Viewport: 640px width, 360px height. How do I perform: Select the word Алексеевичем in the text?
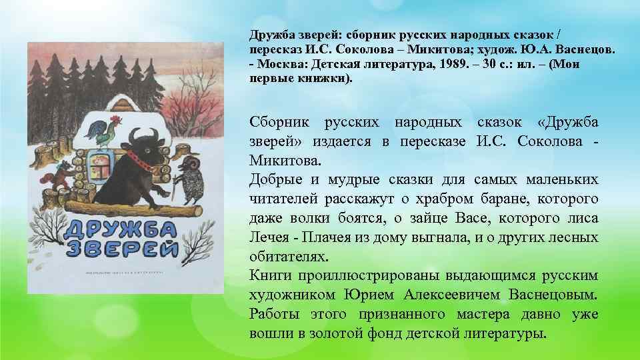coord(441,295)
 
